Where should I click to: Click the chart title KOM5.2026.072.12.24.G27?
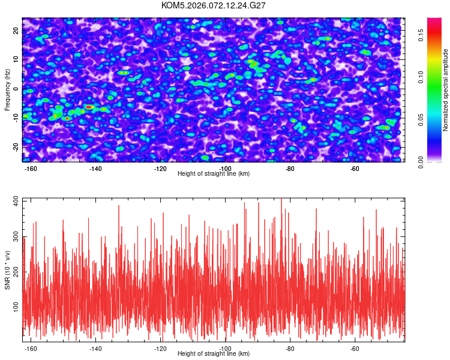tap(214, 5)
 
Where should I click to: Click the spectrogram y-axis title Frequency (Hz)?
tap(8, 88)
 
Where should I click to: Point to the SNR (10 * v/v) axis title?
tap(8, 268)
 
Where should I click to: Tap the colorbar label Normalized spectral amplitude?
tap(446, 90)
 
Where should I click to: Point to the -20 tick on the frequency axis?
tap(16, 147)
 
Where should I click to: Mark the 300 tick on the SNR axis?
tap(15, 238)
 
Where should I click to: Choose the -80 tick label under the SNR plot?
tap(290, 349)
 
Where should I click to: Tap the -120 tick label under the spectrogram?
tap(160, 169)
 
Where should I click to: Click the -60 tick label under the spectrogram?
tap(355, 169)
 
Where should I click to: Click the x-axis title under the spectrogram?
tap(214, 174)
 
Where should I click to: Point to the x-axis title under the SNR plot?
tap(214, 354)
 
